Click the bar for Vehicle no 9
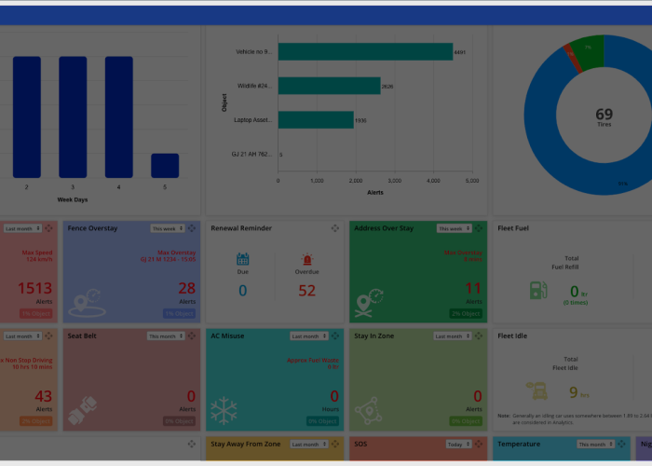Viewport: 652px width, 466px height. pyautogui.click(x=364, y=52)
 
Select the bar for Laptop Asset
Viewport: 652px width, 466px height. pyautogui.click(x=315, y=119)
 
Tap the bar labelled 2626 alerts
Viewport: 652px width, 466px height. pyautogui.click(x=329, y=86)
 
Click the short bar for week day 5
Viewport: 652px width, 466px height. pyautogui.click(x=165, y=165)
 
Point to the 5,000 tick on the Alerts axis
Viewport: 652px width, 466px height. pyautogui.click(x=471, y=180)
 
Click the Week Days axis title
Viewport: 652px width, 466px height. pyautogui.click(x=73, y=199)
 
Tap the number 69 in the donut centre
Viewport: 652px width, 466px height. pyautogui.click(x=604, y=114)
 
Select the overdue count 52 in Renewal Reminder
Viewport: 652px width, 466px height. pyautogui.click(x=306, y=291)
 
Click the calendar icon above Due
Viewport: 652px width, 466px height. pyautogui.click(x=242, y=259)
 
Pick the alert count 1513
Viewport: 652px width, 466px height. pyautogui.click(x=34, y=289)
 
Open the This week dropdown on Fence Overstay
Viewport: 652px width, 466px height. pyautogui.click(x=167, y=228)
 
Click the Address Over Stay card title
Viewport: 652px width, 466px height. pyautogui.click(x=384, y=228)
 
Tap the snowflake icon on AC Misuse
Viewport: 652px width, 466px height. pyautogui.click(x=224, y=409)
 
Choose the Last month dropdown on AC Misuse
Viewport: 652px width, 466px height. pyautogui.click(x=308, y=336)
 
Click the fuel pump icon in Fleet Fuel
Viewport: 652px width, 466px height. pyautogui.click(x=538, y=290)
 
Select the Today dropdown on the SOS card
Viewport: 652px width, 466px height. pyautogui.click(x=457, y=445)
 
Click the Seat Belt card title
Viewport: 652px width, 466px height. pyautogui.click(x=83, y=336)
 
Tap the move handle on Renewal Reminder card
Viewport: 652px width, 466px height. pyautogui.click(x=335, y=228)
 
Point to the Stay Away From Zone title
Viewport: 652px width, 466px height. pyautogui.click(x=246, y=445)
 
